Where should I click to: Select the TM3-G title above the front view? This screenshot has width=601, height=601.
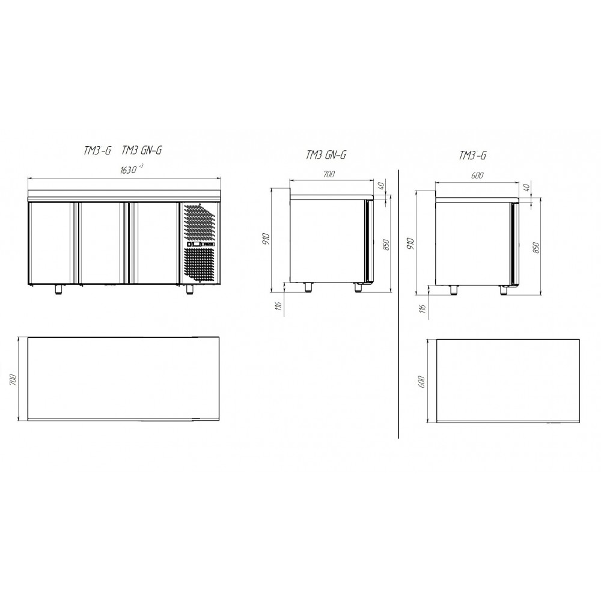(97, 150)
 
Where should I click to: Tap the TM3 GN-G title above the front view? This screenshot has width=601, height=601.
(142, 150)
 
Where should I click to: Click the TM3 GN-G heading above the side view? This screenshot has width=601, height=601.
(326, 155)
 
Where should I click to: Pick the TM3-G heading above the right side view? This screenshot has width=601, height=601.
(472, 155)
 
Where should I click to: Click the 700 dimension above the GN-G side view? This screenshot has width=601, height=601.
(329, 174)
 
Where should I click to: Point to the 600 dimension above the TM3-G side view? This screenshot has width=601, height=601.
(477, 175)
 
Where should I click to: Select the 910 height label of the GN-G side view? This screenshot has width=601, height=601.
(267, 239)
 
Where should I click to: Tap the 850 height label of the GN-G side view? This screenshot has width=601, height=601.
(386, 245)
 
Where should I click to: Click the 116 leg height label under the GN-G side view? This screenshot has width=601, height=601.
(279, 305)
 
